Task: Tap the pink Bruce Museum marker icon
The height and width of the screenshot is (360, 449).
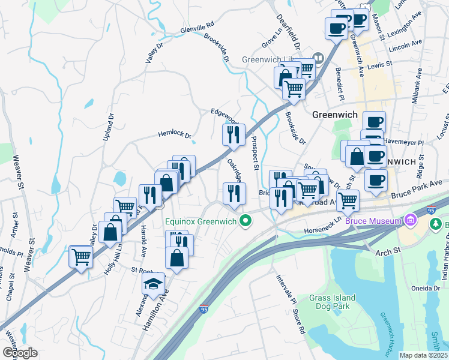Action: pyautogui.click(x=411, y=221)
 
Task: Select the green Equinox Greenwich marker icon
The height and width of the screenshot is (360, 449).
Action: pyautogui.click(x=245, y=222)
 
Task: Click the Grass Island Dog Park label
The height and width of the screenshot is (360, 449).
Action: pyautogui.click(x=332, y=302)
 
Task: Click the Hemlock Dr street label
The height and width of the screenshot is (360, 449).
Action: pyautogui.click(x=174, y=135)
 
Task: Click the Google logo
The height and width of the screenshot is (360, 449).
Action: pyautogui.click(x=20, y=352)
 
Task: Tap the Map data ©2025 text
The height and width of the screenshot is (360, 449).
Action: pyautogui.click(x=424, y=355)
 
